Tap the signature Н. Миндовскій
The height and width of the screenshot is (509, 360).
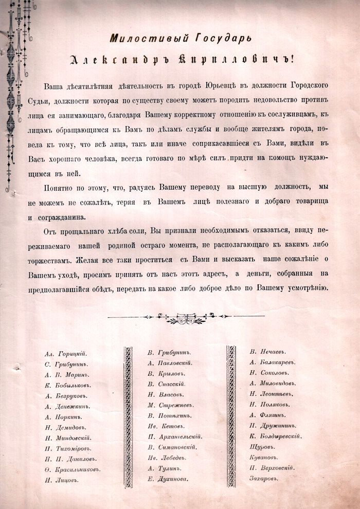(68, 438)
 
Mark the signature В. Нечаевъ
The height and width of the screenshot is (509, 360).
(267, 352)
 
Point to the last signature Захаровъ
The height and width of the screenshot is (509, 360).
(267, 478)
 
